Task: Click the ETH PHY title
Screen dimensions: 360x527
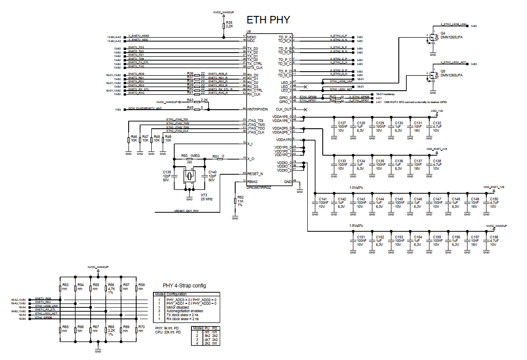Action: tap(268, 19)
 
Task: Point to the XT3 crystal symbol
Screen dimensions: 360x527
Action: tap(189, 176)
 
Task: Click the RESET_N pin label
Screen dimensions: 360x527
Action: tap(255, 174)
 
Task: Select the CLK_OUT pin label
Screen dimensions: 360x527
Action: tap(283, 109)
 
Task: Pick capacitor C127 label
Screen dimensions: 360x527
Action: tap(342, 123)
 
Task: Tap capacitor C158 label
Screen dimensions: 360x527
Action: tap(494, 237)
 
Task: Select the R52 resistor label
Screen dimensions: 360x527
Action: tap(241, 197)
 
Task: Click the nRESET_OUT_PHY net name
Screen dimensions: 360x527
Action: tap(186, 211)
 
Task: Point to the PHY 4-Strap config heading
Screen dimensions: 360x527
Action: tap(184, 285)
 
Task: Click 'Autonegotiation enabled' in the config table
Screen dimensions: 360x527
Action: tap(185, 310)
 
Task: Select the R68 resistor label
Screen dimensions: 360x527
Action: tap(111, 327)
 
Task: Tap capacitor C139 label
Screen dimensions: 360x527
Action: tap(167, 172)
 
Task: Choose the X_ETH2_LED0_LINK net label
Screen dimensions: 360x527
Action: tap(454, 24)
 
